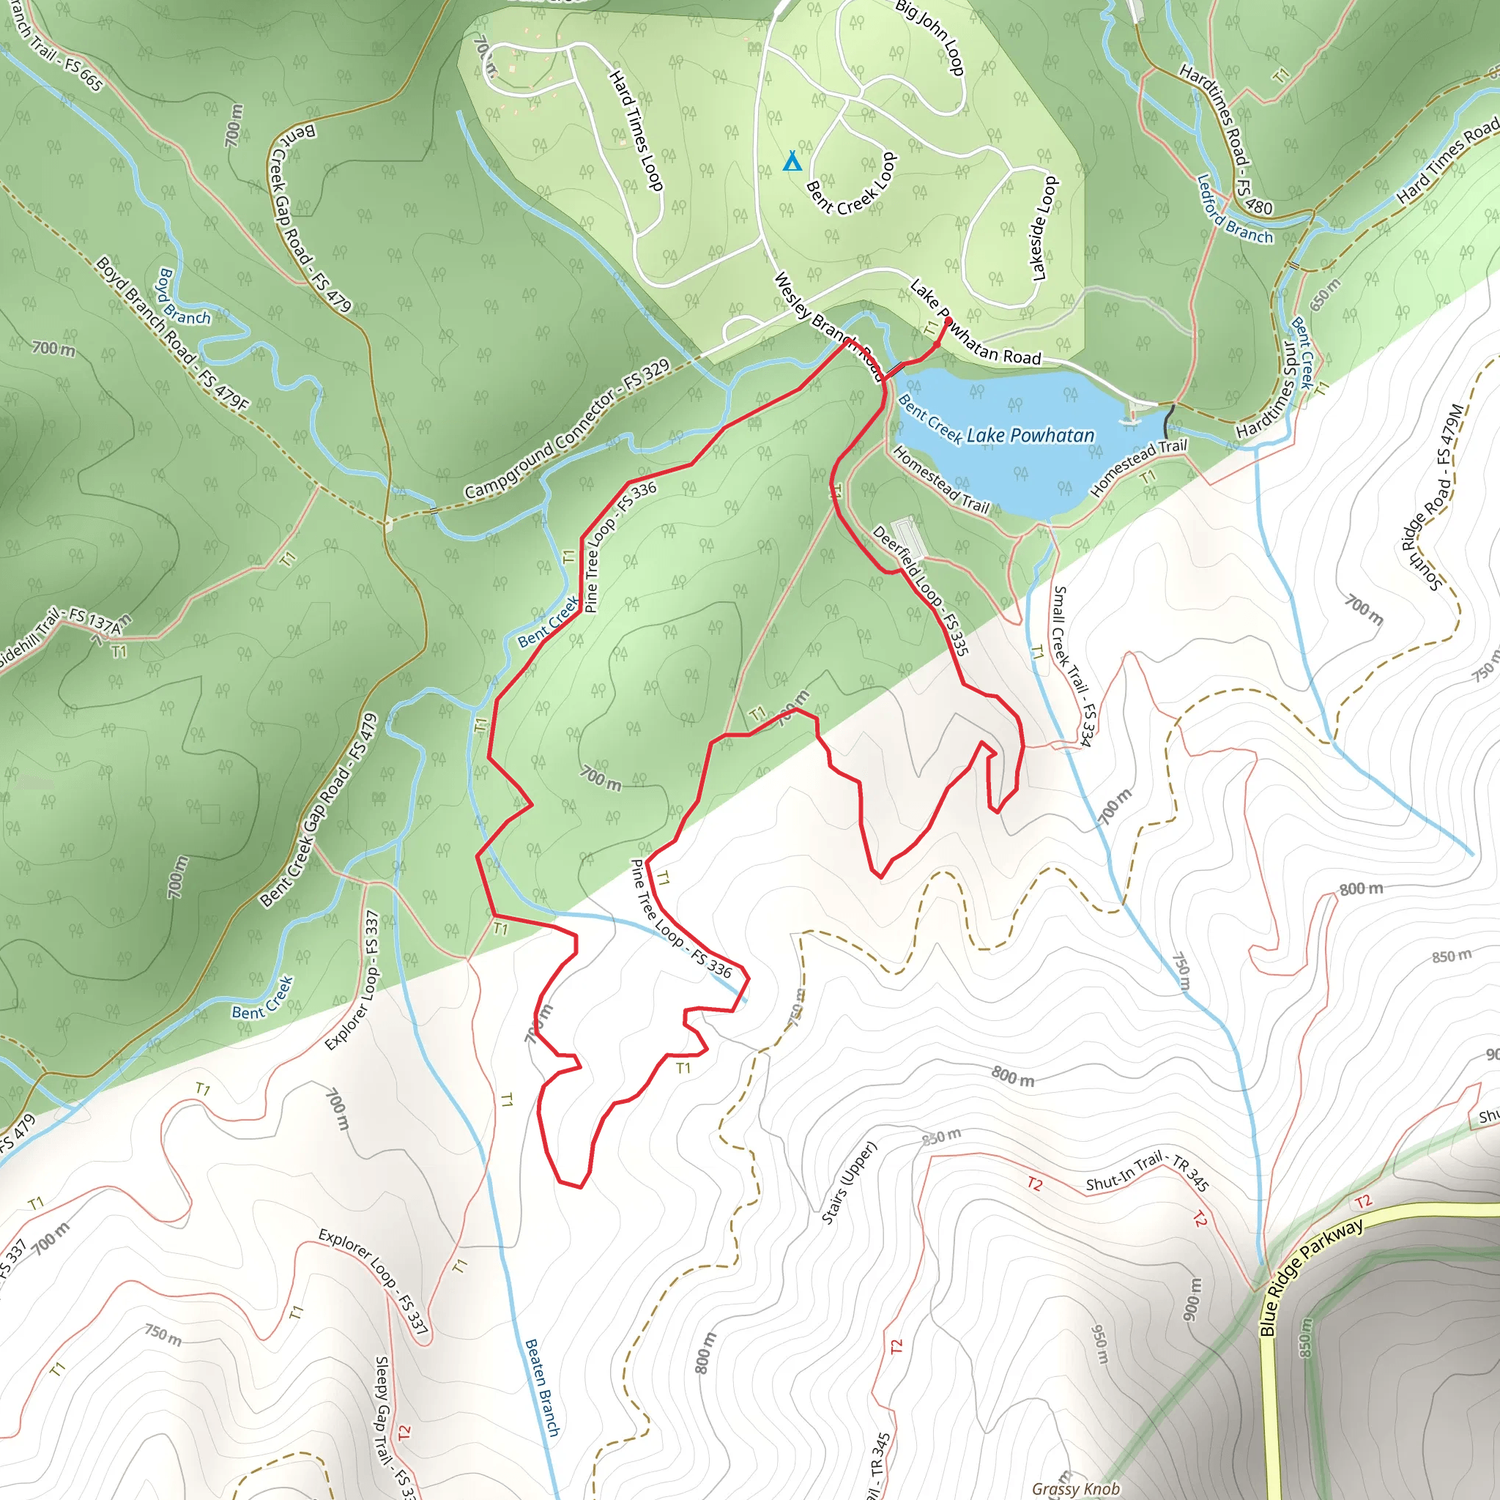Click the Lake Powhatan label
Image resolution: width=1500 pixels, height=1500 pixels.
point(1031,436)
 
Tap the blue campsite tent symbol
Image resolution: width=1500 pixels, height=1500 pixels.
point(791,161)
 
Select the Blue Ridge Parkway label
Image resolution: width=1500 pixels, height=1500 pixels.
point(1311,1277)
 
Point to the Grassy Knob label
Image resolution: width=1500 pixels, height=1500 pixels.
point(1075,1488)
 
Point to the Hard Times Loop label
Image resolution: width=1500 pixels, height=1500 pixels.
point(636,130)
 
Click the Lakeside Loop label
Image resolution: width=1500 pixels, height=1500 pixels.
point(1044,229)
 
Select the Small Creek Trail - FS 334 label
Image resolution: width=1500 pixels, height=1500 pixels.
point(1072,667)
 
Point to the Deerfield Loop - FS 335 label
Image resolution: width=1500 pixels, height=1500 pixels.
point(921,590)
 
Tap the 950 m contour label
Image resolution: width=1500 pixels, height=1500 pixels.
point(1101,1344)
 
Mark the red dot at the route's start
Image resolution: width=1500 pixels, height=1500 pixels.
point(947,321)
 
